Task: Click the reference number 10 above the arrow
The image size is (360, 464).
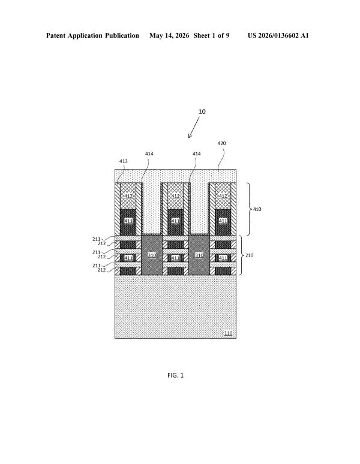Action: pyautogui.click(x=202, y=112)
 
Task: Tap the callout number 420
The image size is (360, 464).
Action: pyautogui.click(x=221, y=143)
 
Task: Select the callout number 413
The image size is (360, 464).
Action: pyautogui.click(x=123, y=161)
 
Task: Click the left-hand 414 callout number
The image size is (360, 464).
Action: pyautogui.click(x=149, y=153)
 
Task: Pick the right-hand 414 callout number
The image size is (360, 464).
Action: pyautogui.click(x=197, y=153)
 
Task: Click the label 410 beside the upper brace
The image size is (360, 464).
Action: pyautogui.click(x=257, y=209)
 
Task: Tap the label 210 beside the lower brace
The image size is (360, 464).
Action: pyautogui.click(x=249, y=255)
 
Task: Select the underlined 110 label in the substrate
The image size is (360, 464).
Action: pyautogui.click(x=228, y=333)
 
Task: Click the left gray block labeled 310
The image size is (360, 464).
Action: pyautogui.click(x=152, y=255)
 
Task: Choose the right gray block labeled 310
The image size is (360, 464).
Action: pyautogui.click(x=199, y=255)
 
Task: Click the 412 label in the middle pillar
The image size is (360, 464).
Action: pyautogui.click(x=175, y=196)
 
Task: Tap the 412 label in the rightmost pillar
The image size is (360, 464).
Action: pyautogui.click(x=223, y=196)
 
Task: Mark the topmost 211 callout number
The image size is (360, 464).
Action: pyautogui.click(x=96, y=239)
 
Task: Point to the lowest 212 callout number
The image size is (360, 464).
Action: pyautogui.click(x=101, y=270)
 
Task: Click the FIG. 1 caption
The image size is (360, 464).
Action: pyautogui.click(x=175, y=375)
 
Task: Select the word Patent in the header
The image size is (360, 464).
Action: pyautogui.click(x=56, y=35)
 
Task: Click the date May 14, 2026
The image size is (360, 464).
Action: pyautogui.click(x=169, y=36)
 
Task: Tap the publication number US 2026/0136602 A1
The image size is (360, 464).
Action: pyautogui.click(x=278, y=35)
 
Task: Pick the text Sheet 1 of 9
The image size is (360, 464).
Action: pyautogui.click(x=211, y=35)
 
